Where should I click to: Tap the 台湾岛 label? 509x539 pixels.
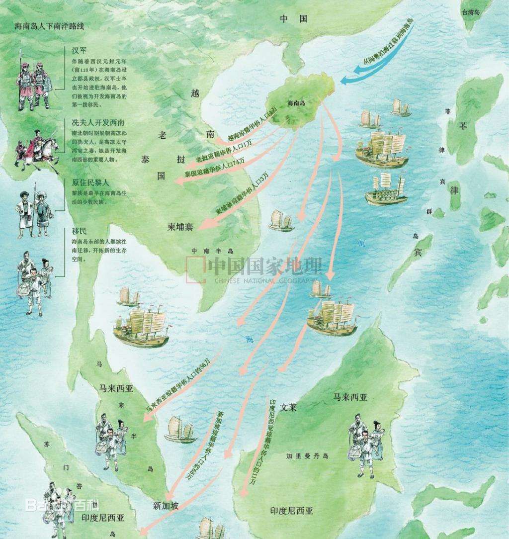tap(470, 12)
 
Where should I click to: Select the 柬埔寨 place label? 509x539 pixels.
tap(180, 227)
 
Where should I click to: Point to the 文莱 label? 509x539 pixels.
tap(288, 407)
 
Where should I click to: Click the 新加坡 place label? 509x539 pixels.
tap(166, 506)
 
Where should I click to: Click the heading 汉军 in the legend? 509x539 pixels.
tap(80, 51)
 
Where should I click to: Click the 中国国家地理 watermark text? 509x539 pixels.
tap(265, 268)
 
